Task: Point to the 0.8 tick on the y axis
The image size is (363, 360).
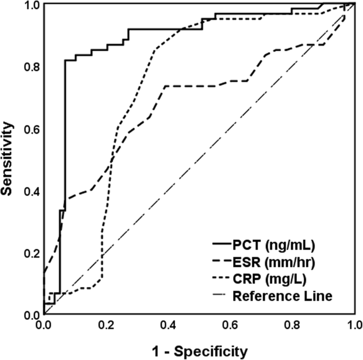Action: (28, 67)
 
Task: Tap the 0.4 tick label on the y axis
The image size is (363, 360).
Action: (28, 191)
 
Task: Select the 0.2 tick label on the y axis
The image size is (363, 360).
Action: (28, 253)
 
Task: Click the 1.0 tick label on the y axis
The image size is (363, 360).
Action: (28, 5)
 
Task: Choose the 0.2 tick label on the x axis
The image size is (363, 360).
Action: (105, 324)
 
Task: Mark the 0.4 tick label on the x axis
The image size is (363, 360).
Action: (167, 324)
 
